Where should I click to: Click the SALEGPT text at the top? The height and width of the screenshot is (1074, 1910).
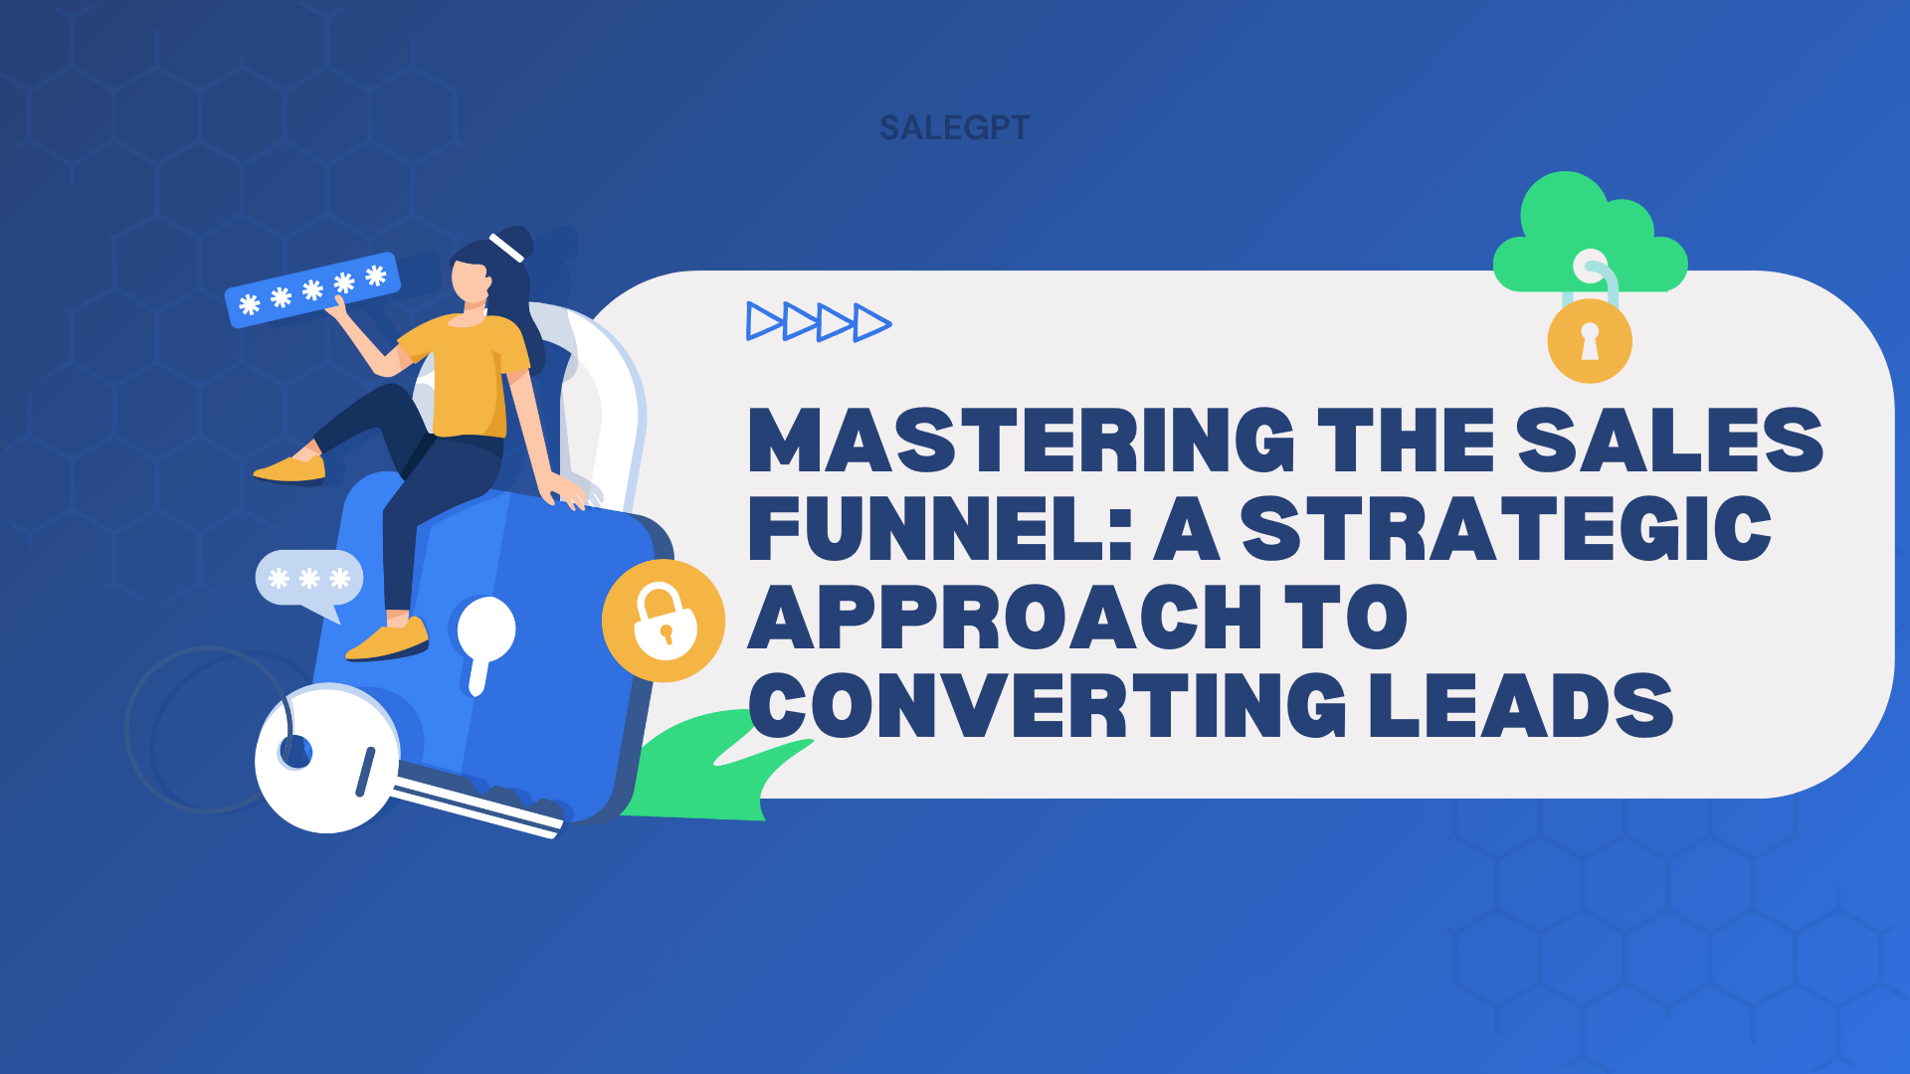(x=954, y=127)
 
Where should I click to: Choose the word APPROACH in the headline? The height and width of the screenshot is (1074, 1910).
(x=1005, y=616)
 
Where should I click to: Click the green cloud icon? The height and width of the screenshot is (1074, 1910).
(x=1590, y=235)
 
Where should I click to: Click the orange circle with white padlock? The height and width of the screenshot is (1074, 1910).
(x=664, y=621)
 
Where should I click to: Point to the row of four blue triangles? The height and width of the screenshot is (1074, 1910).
(x=819, y=322)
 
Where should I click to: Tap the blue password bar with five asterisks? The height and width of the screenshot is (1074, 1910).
(x=312, y=289)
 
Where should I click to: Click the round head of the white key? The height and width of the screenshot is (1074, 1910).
(x=327, y=758)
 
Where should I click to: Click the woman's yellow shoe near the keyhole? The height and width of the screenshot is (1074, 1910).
(x=388, y=640)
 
